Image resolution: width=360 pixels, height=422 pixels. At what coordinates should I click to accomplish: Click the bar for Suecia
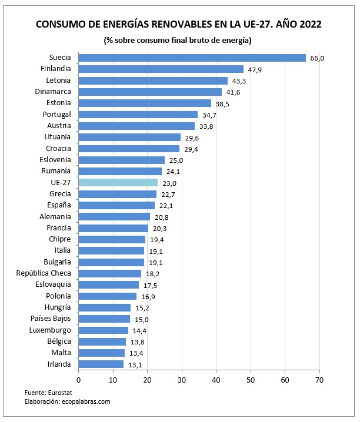point(192,58)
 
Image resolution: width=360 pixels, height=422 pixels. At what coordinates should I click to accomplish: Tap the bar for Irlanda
point(101,364)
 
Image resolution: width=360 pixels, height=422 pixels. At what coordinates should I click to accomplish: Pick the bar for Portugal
point(138,115)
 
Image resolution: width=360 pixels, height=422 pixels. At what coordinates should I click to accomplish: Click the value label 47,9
point(254,70)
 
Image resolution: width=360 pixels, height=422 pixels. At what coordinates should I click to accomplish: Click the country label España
point(59,205)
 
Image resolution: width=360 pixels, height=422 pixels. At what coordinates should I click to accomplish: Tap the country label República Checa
point(44,273)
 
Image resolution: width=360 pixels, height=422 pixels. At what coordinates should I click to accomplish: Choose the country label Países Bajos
point(51,319)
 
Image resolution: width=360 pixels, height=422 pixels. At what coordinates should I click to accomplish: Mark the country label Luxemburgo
point(50,330)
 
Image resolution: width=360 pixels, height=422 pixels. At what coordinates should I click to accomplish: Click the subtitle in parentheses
point(178,41)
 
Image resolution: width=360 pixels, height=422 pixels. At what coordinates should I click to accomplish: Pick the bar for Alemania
point(114,217)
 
